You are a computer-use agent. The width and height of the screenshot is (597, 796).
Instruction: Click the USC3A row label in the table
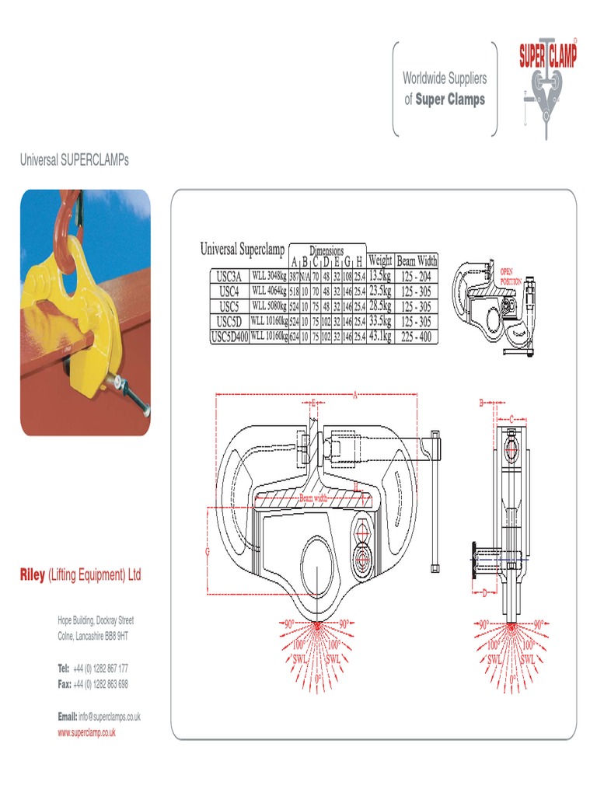pos(229,276)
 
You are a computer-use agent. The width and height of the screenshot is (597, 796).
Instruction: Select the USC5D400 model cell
pos(230,337)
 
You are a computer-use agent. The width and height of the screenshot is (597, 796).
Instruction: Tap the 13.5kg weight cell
pos(379,276)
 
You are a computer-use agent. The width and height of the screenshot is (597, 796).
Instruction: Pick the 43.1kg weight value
pos(379,337)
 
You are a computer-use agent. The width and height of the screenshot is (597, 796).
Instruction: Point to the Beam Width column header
pos(417,261)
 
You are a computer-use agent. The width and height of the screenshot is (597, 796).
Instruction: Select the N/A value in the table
pos(305,277)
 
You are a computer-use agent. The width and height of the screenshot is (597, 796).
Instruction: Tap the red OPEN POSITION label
pos(511,276)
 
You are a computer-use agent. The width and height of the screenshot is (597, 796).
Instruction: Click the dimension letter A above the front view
pos(354,396)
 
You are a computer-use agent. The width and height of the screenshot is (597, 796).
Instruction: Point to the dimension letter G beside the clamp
pos(208,551)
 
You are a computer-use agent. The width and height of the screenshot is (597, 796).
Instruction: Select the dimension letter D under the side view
pos(484,593)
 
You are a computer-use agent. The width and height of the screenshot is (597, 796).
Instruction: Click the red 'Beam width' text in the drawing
pos(314,497)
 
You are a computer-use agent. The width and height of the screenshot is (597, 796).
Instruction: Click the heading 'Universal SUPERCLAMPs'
pos(74,160)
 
